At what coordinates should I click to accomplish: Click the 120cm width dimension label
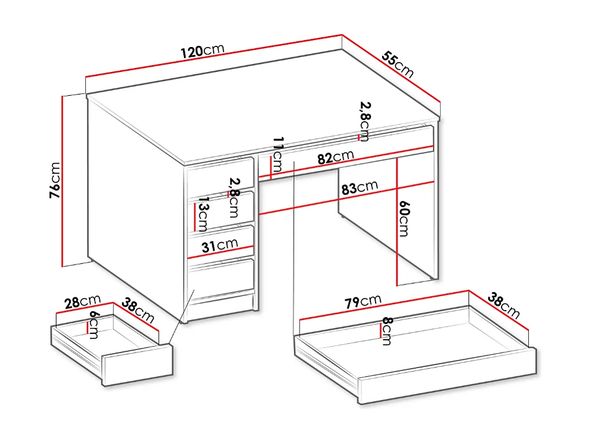(x=202, y=51)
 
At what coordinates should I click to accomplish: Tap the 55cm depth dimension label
(x=398, y=64)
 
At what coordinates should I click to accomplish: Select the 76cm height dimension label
(x=54, y=180)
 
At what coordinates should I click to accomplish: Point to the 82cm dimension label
(x=335, y=157)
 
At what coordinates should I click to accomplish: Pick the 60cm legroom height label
(x=403, y=218)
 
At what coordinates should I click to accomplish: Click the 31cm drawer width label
(x=219, y=246)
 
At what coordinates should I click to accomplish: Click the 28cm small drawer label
(x=82, y=302)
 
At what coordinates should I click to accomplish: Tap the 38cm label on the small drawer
(x=138, y=311)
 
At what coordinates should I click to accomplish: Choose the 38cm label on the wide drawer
(x=503, y=306)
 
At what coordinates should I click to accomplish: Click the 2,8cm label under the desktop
(x=365, y=120)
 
